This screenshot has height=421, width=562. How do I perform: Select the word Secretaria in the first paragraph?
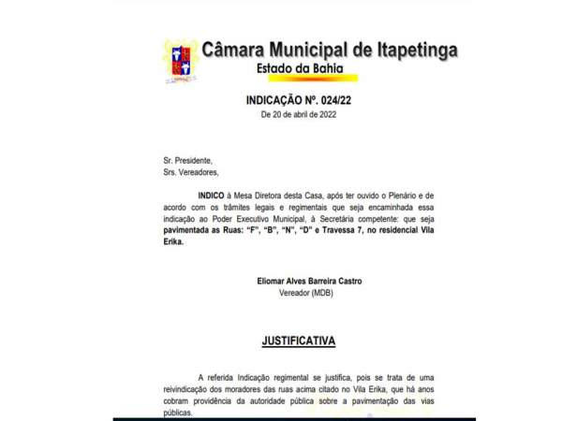click(x=344, y=217)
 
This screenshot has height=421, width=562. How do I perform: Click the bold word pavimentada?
click(x=193, y=229)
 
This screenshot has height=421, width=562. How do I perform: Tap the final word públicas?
click(x=175, y=413)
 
